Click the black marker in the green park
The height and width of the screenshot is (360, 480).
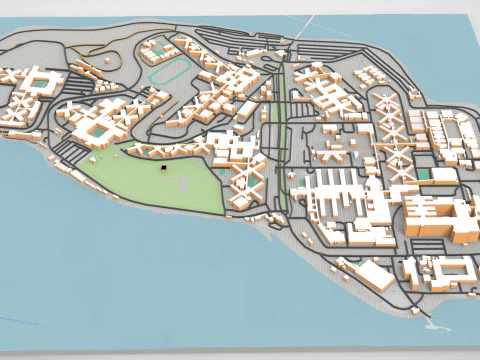click(161, 171)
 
